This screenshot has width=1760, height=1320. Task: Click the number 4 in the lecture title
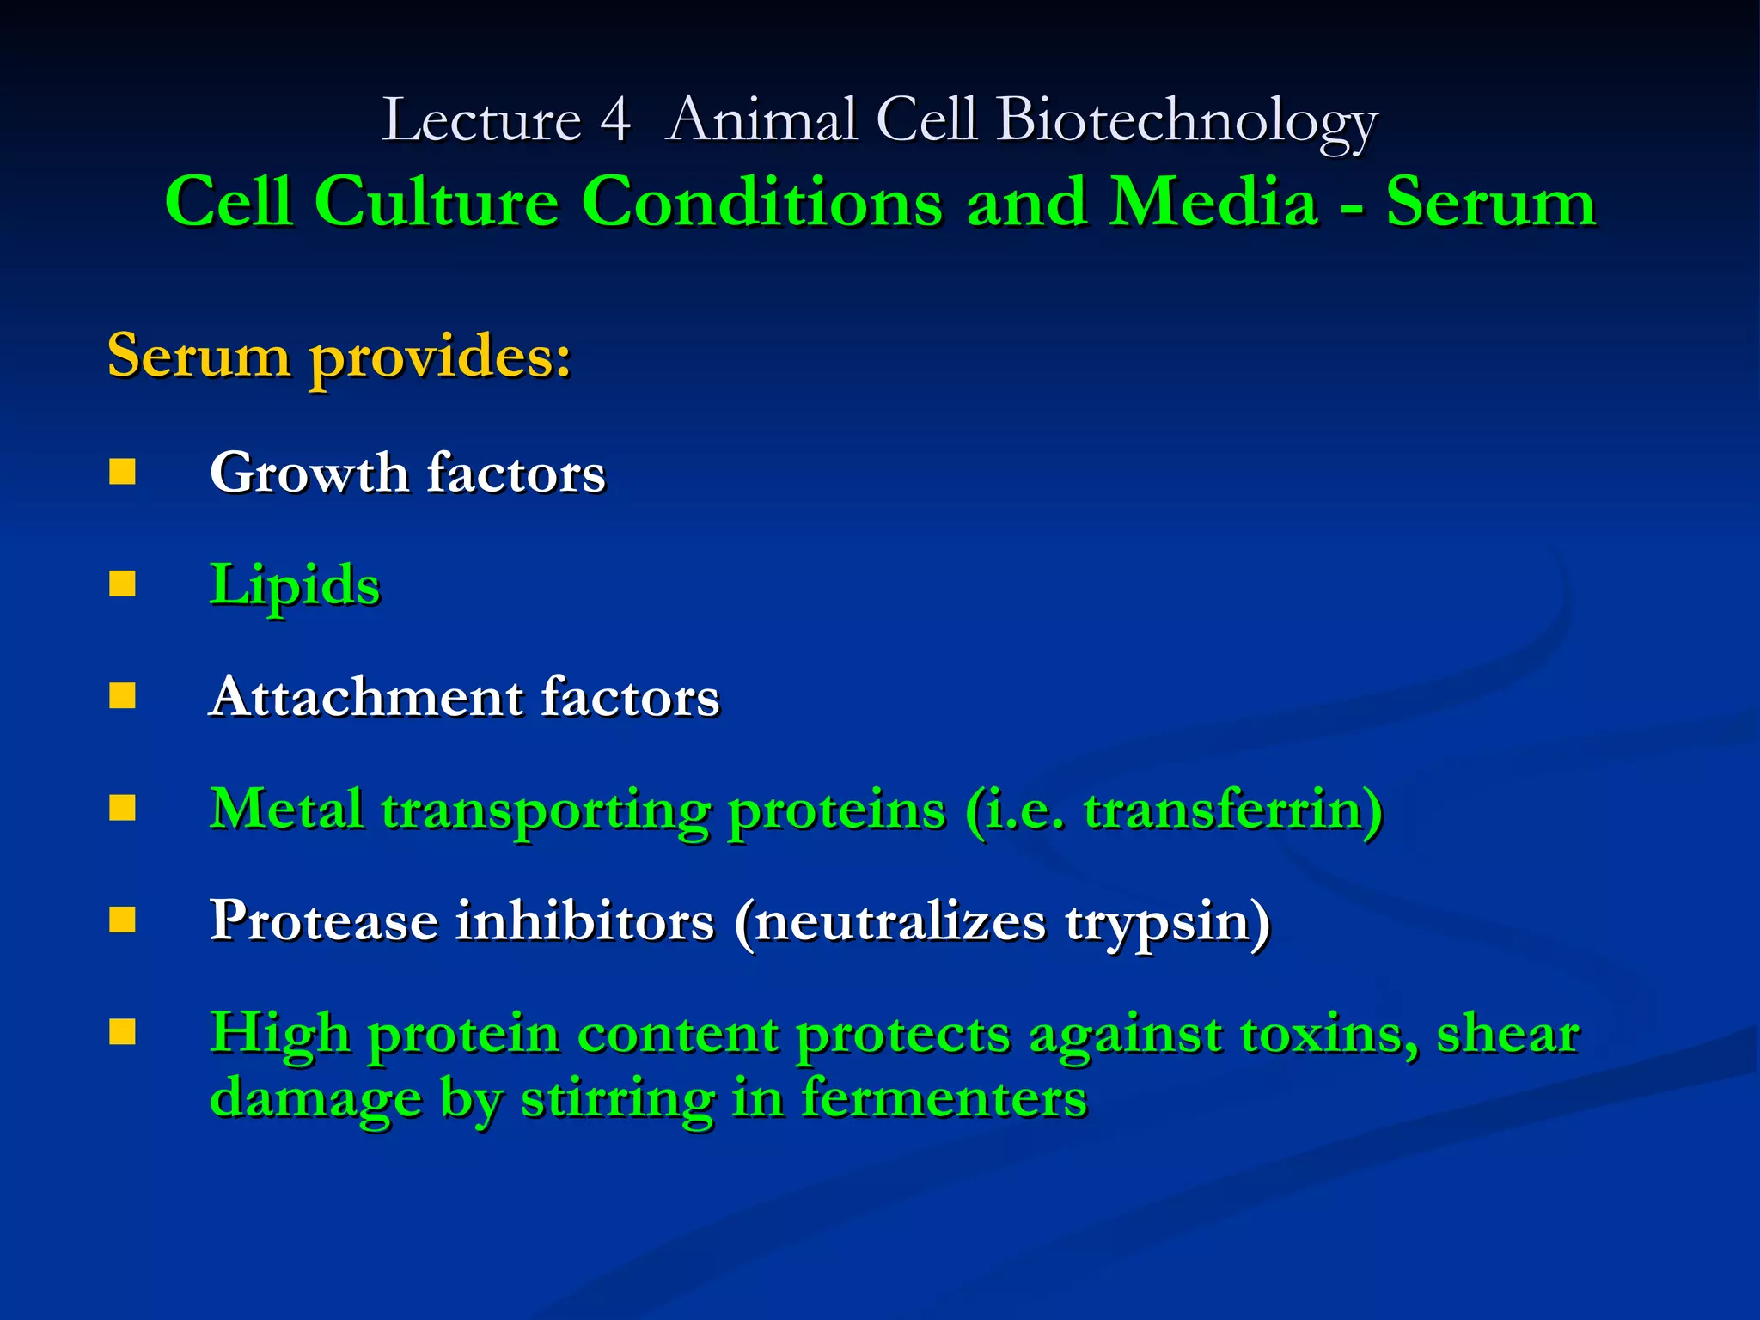point(615,120)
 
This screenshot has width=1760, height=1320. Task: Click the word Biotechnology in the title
point(1187,120)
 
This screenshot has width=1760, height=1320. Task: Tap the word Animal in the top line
point(761,120)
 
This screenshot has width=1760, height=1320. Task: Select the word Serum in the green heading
point(1490,203)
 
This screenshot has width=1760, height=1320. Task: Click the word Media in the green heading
point(1213,203)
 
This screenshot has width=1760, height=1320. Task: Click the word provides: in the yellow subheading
point(440,356)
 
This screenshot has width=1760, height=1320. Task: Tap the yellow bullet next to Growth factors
point(123,472)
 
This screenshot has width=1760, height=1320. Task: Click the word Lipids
point(295,586)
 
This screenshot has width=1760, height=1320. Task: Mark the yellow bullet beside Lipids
point(123,584)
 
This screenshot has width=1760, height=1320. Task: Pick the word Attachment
point(365,696)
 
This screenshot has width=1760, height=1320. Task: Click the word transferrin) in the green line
point(1232,810)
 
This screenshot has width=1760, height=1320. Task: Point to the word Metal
point(286,810)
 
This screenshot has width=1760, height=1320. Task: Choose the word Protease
point(324,921)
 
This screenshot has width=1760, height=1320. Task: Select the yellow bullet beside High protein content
point(123,1032)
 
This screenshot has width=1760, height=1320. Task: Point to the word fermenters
point(944,1098)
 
